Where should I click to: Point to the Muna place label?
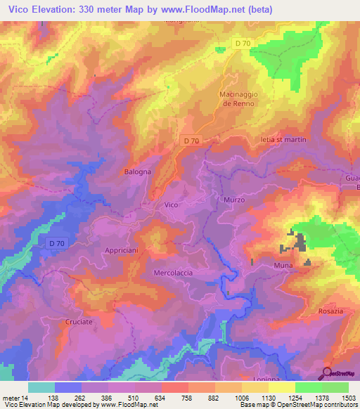point(283,266)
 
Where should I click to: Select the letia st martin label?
point(283,140)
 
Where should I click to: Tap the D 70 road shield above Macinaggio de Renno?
point(243,44)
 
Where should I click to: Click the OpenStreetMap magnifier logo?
point(327,373)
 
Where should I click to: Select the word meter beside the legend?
point(10,398)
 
